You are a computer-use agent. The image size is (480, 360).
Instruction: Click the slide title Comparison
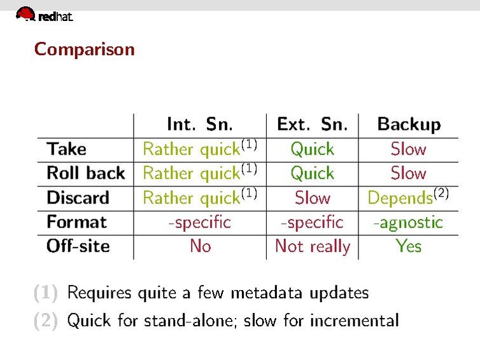point(84,49)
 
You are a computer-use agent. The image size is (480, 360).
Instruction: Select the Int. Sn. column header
point(199,124)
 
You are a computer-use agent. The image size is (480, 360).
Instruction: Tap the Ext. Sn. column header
point(312,124)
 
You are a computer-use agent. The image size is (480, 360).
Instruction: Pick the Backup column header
point(409,124)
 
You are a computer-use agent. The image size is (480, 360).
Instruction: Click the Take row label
point(66,149)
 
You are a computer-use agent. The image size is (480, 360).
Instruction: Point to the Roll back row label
point(85,173)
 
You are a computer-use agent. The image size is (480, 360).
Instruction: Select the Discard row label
point(78,197)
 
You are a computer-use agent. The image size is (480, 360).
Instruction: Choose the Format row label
point(76,222)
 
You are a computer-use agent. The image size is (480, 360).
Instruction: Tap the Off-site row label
point(78,246)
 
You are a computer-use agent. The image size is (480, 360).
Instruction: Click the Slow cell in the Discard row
point(312,198)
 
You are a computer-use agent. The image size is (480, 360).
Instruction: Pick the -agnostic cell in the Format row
point(407,222)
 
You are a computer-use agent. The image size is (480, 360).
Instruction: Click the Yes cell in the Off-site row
point(408,246)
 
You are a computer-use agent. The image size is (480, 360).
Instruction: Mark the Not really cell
point(312,247)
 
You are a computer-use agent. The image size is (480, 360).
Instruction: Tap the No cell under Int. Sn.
point(200,246)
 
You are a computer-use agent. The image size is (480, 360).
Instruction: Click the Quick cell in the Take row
point(312,149)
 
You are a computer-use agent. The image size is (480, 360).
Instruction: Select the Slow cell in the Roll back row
point(408,173)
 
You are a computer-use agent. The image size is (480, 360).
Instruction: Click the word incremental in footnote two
point(354,320)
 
